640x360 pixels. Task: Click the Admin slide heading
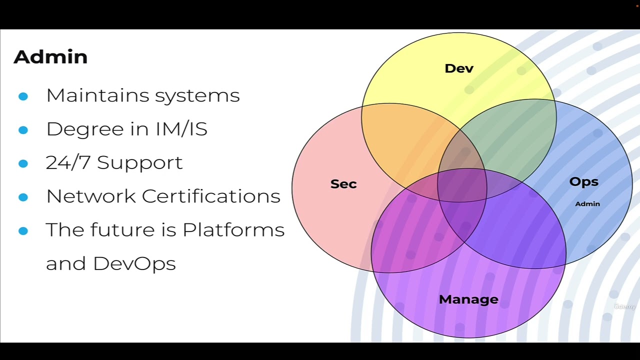coord(50,57)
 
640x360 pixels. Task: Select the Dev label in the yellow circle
coord(458,68)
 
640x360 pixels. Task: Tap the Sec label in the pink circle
coord(343,184)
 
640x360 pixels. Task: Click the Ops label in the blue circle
coord(583,182)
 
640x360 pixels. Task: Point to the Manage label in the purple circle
coord(468,299)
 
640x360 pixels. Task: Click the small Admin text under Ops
coord(587,204)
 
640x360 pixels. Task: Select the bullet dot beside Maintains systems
coord(23,96)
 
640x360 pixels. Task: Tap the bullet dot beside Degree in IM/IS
coord(23,130)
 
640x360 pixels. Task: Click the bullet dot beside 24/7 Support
coord(23,163)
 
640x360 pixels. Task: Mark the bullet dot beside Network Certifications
coord(23,197)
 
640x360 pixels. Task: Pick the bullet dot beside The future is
coord(23,230)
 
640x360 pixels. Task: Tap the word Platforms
coord(233,230)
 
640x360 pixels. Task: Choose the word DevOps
coord(134,263)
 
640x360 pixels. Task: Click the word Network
coord(91,196)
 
